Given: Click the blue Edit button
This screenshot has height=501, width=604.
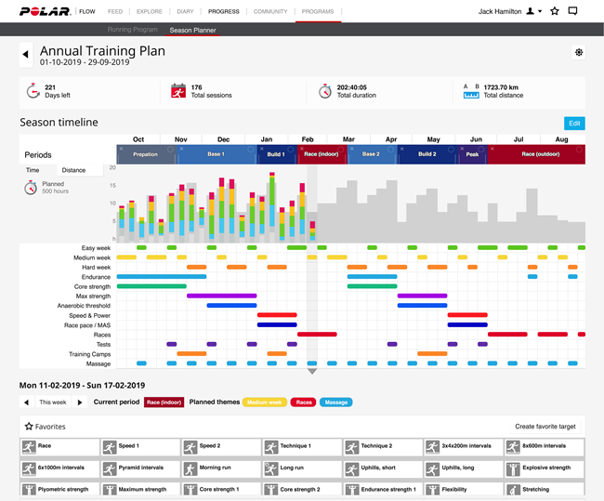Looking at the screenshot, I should [x=574, y=123].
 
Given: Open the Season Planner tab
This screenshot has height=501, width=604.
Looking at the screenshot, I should [x=193, y=30].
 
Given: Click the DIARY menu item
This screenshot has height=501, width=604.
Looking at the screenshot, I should [x=184, y=11].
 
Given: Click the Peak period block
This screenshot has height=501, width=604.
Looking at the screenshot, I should [x=472, y=154].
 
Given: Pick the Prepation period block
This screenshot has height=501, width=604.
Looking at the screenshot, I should [x=146, y=154].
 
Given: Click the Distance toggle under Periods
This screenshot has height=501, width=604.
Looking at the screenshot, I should [x=73, y=170].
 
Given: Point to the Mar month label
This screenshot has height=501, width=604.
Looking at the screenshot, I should [x=348, y=139].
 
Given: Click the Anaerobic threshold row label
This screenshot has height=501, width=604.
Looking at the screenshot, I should [x=84, y=306].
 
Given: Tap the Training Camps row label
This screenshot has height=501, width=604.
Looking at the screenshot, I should [x=91, y=354].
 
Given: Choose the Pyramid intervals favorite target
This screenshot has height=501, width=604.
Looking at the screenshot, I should [x=140, y=468].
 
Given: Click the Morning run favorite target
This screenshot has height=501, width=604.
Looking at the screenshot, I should [x=221, y=468].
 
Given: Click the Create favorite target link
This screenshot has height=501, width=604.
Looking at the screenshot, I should [x=545, y=427].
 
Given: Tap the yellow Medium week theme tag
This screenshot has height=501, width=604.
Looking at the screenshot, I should [x=264, y=402].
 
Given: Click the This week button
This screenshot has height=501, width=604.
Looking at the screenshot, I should [x=53, y=402].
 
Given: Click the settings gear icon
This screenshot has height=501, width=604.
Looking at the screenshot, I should [x=579, y=52].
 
